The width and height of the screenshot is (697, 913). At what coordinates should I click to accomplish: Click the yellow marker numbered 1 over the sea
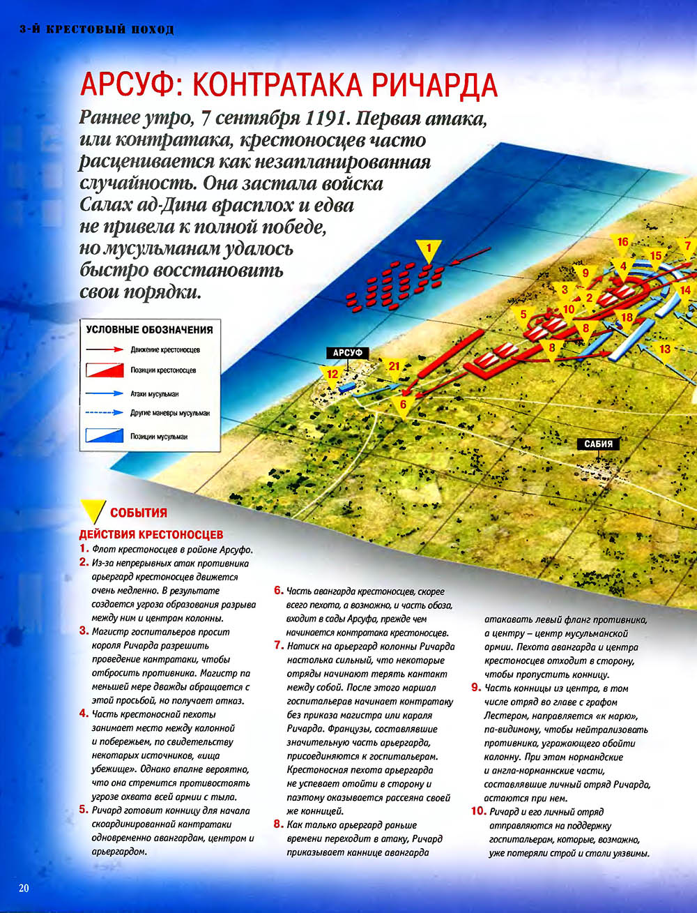pyautogui.click(x=429, y=248)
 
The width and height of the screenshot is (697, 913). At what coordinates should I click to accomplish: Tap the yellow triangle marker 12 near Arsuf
pyautogui.click(x=332, y=376)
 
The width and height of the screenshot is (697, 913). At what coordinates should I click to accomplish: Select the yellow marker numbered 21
pyautogui.click(x=395, y=367)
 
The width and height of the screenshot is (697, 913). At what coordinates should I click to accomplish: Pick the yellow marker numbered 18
pyautogui.click(x=627, y=318)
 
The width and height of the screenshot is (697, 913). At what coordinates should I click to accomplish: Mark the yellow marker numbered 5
pyautogui.click(x=523, y=315)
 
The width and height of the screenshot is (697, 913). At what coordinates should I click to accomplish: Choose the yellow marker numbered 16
pyautogui.click(x=622, y=243)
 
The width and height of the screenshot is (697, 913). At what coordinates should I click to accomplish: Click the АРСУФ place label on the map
pyautogui.click(x=346, y=354)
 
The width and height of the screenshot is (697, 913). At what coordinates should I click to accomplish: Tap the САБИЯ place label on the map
pyautogui.click(x=598, y=444)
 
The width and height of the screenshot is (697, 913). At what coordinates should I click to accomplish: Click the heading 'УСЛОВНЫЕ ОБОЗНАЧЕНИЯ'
pyautogui.click(x=148, y=329)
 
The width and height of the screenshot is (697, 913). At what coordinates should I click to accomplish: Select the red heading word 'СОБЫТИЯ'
pyautogui.click(x=139, y=513)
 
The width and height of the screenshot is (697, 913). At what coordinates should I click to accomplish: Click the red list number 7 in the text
pyautogui.click(x=278, y=645)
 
